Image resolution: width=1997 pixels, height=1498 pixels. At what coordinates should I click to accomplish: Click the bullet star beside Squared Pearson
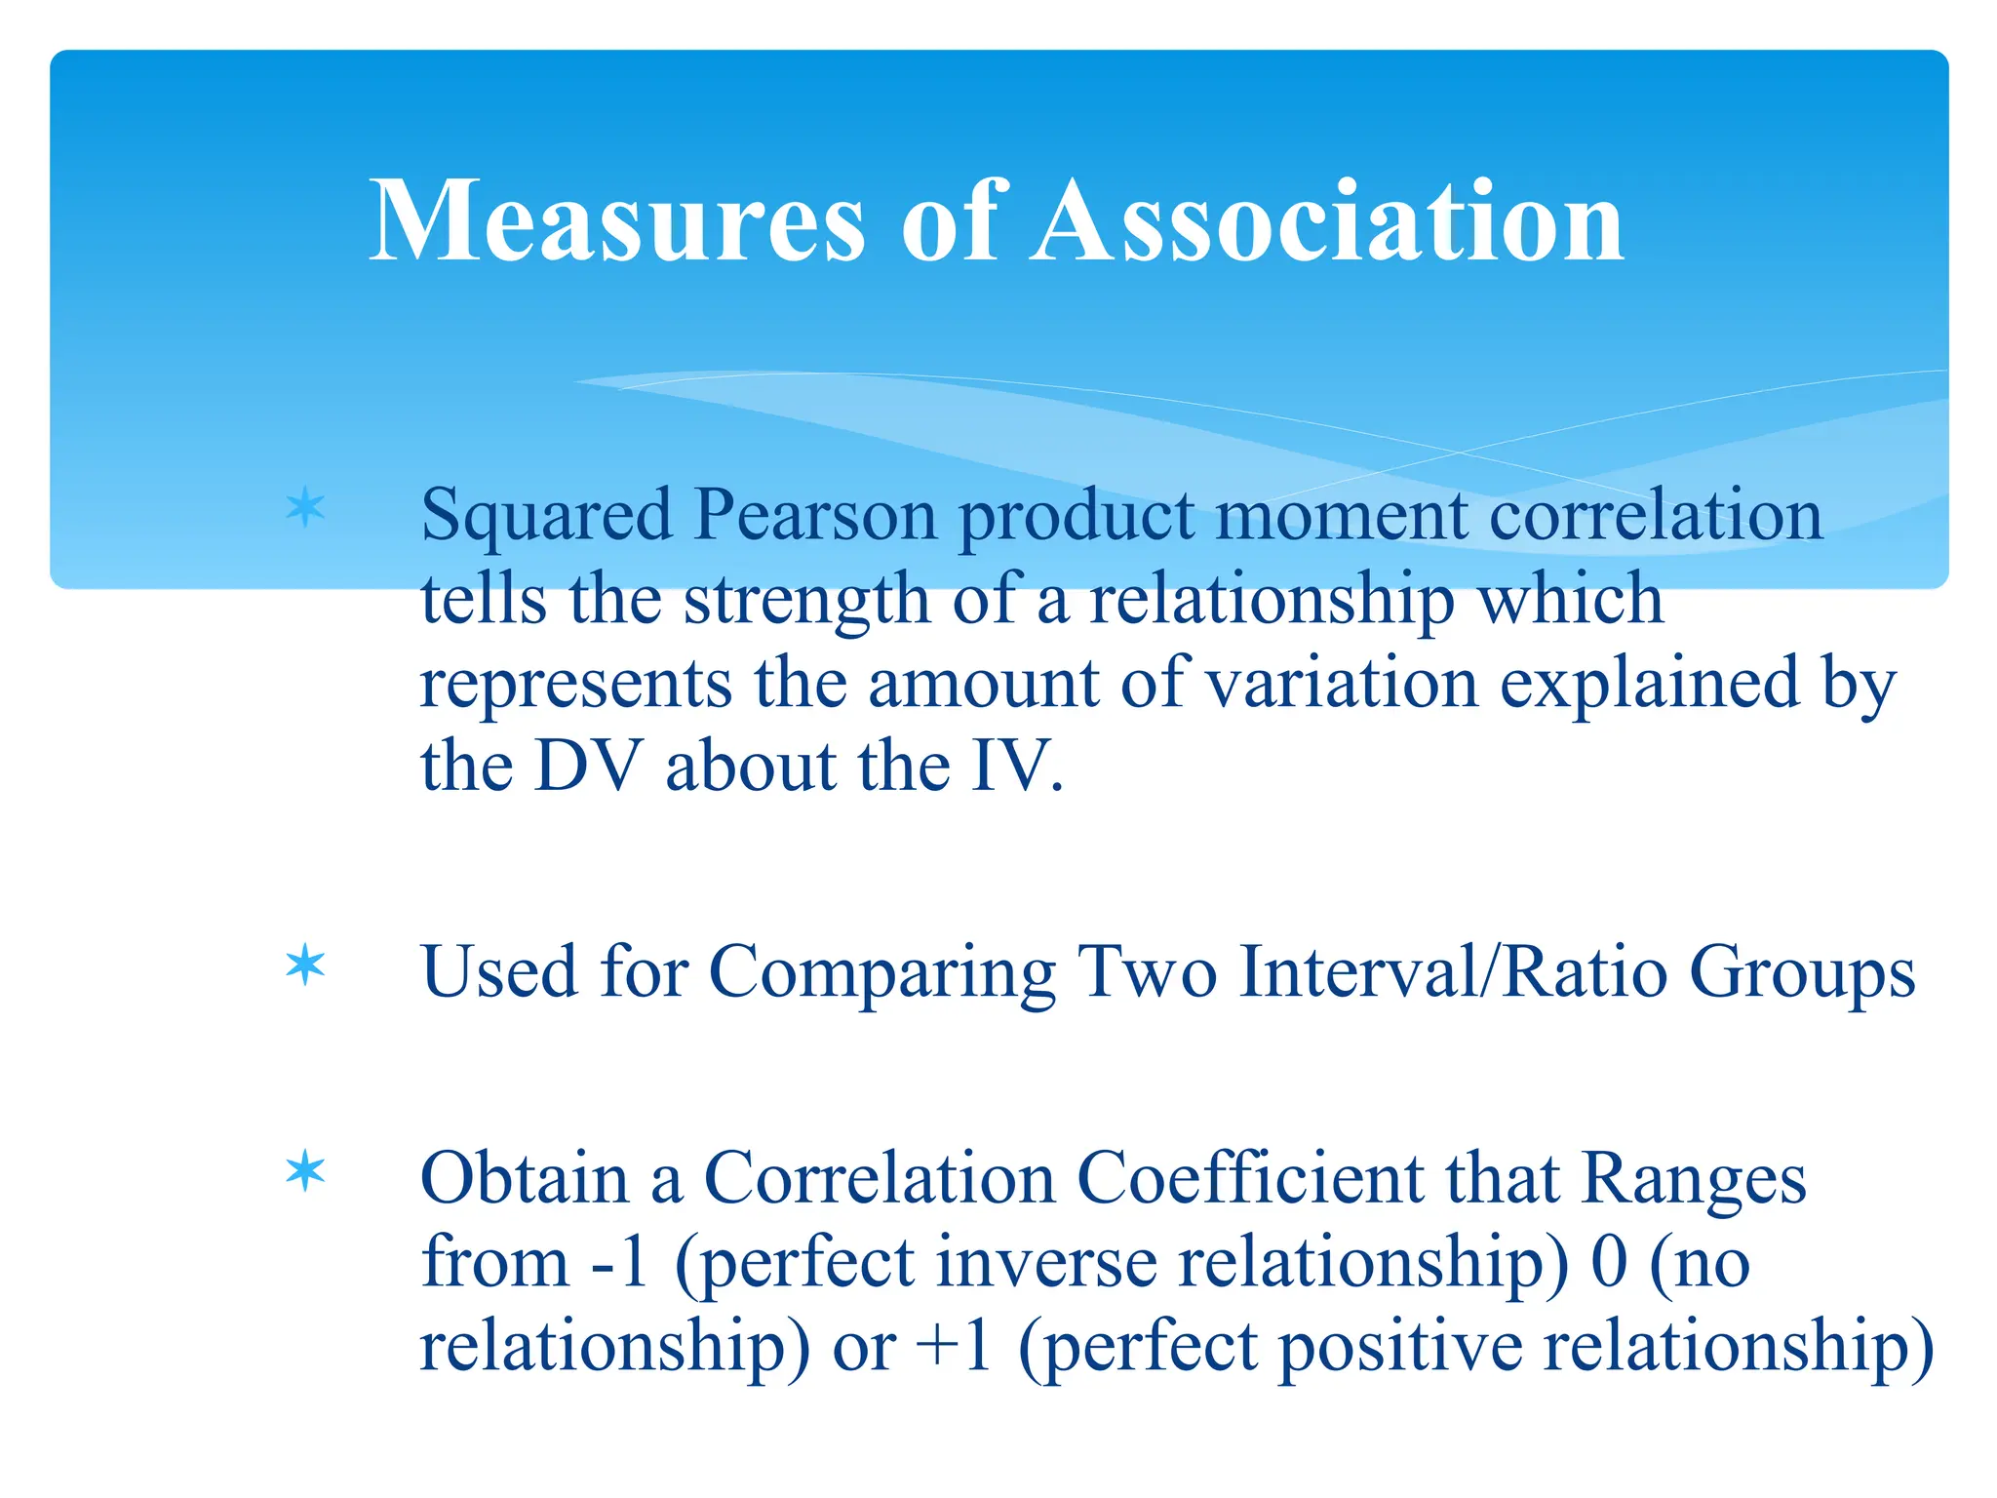point(305,508)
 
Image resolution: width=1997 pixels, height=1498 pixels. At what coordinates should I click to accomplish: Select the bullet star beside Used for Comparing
point(305,966)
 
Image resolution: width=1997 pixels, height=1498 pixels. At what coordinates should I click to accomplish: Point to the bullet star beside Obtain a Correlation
point(305,1170)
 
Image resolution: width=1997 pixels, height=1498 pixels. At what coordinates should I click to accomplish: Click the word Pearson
point(814,514)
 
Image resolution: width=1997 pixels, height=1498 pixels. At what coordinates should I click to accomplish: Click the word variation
point(1342,682)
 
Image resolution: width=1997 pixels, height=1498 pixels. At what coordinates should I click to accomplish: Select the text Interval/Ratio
point(1453,971)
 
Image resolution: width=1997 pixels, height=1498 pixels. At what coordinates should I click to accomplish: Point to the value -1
point(620,1261)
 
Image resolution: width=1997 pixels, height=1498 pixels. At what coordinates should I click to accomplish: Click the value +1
point(955,1345)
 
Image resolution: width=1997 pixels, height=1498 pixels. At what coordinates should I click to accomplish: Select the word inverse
point(1045,1261)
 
